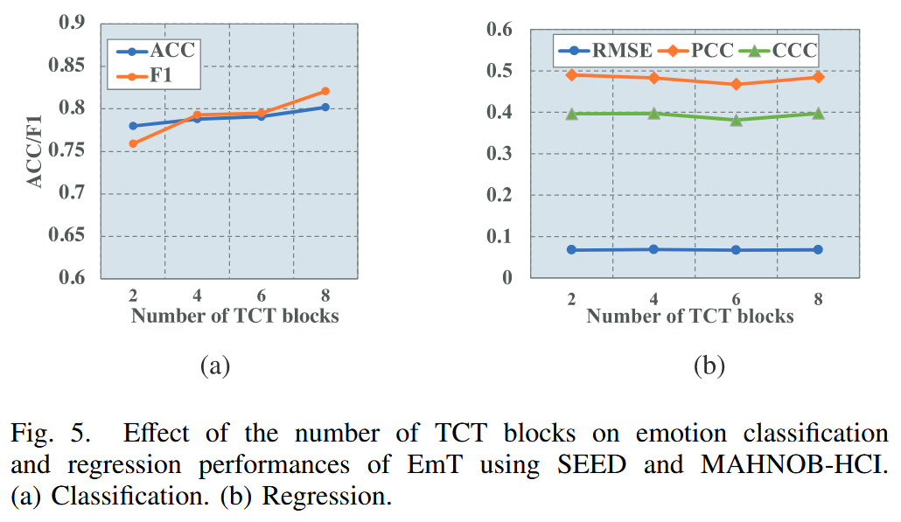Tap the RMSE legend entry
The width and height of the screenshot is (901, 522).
(x=607, y=51)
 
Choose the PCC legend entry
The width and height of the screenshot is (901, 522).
(x=700, y=51)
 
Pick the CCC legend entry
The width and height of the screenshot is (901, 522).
(x=782, y=51)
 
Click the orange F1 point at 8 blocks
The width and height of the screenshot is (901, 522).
(x=325, y=91)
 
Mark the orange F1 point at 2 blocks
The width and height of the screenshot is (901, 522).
(x=132, y=143)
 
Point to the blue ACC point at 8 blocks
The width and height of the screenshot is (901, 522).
(x=325, y=107)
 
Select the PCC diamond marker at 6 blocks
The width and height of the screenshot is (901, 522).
(x=736, y=84)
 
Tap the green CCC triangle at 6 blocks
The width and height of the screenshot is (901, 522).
(x=736, y=120)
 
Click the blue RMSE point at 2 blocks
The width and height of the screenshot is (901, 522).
(x=571, y=250)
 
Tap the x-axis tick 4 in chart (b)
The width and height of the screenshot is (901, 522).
(x=653, y=298)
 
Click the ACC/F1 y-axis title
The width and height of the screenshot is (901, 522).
(x=36, y=151)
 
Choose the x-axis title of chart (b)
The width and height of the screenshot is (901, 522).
(x=689, y=317)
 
